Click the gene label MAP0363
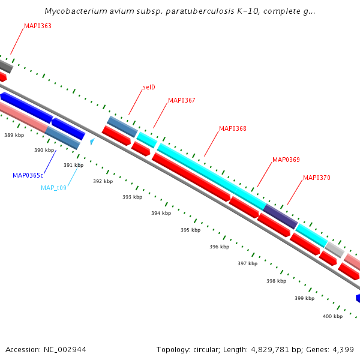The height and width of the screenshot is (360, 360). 37,26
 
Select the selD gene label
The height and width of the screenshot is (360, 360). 149,87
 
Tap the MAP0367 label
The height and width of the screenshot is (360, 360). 181,100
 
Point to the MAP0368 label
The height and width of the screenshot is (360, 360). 232,128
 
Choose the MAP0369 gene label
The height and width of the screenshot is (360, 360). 286,160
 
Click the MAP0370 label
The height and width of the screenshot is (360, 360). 316,178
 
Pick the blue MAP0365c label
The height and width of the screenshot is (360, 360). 28,175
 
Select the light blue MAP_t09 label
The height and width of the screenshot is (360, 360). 53,188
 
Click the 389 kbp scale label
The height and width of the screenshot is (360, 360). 14,136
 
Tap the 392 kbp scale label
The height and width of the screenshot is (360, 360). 103,181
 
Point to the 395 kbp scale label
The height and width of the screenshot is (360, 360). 190,230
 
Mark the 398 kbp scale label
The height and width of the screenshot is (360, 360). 276,280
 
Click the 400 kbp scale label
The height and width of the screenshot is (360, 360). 332,316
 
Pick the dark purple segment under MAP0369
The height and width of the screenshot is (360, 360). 281,216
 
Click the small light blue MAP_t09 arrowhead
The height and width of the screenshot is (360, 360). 92,142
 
